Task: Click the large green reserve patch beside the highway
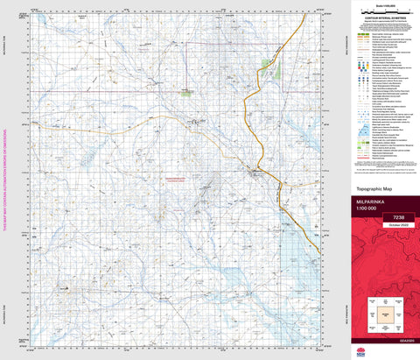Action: (268, 65)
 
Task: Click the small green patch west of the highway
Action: (186, 90)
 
